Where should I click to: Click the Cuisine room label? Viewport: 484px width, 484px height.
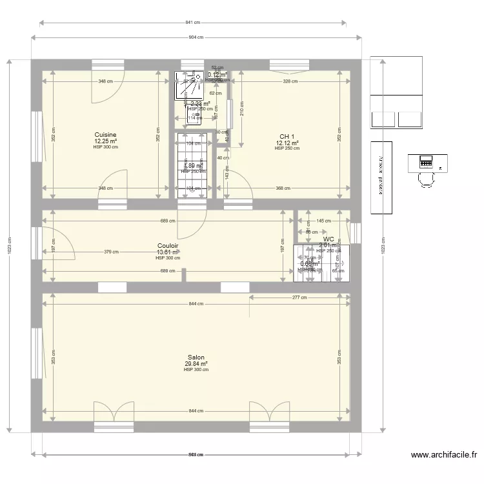click(105, 135)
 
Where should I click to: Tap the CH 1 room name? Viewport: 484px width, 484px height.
click(287, 136)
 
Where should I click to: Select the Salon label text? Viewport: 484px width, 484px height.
click(196, 358)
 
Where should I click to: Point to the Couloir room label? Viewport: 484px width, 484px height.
click(168, 246)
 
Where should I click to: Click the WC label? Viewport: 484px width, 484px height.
click(328, 239)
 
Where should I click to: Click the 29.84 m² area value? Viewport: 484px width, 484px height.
click(196, 364)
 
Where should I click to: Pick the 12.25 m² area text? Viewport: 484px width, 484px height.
click(105, 141)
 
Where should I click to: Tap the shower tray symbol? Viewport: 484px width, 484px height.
click(188, 85)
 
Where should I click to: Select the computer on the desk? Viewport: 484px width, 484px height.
click(426, 160)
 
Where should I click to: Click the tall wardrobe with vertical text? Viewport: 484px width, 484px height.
click(381, 177)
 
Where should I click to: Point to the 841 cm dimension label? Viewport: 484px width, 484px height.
click(193, 23)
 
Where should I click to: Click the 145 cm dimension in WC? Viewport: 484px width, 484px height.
click(324, 221)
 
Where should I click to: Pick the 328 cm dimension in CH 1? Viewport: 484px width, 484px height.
click(290, 81)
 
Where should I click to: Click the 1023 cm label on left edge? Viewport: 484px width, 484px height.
click(8, 246)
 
